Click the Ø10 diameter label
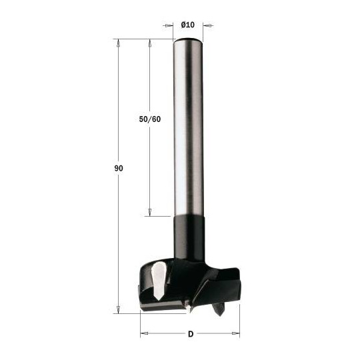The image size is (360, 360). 187,25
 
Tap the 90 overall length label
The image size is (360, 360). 118,169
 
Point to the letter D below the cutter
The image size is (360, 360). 190,333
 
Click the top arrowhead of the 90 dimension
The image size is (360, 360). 118,43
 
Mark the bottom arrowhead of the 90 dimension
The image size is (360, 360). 118,309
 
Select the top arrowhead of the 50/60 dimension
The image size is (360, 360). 149,43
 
